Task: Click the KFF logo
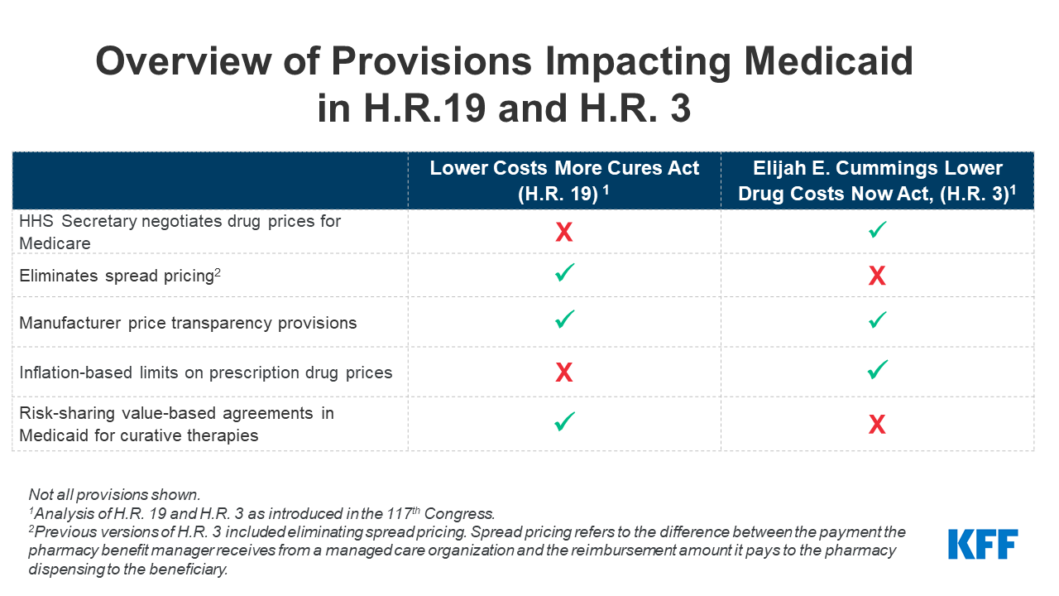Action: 982,544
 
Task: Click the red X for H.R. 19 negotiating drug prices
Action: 563,233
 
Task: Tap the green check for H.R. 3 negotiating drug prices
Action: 878,230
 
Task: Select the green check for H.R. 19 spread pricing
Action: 564,273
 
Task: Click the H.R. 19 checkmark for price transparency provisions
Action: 564,320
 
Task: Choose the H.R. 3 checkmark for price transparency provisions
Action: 878,320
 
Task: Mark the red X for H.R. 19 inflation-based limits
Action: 563,373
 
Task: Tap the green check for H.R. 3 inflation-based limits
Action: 878,370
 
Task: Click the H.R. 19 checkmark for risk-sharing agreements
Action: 564,422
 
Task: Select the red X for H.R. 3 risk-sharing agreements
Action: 877,425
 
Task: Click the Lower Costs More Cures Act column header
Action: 564,180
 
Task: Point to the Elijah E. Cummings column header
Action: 877,180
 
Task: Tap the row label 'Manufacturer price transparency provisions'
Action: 189,323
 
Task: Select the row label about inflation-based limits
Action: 206,372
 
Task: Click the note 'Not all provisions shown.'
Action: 114,494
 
